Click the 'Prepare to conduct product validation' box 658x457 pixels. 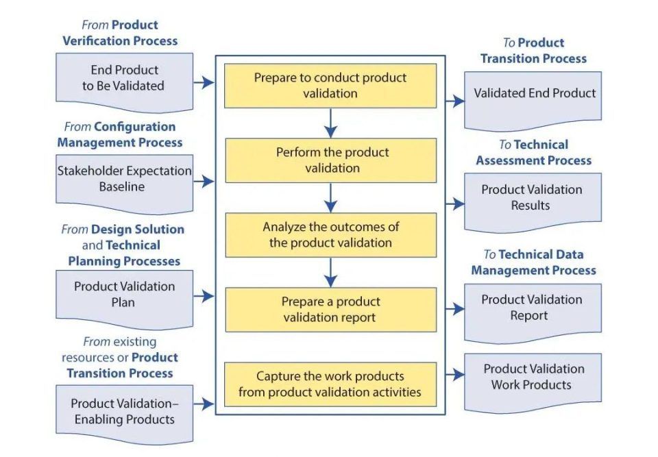click(x=330, y=86)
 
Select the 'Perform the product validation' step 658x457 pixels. click(x=330, y=160)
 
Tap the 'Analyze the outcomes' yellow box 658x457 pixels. click(x=330, y=235)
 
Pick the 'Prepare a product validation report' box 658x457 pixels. click(x=330, y=310)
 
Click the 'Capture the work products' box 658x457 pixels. click(x=330, y=384)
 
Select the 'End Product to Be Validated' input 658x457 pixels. click(x=124, y=79)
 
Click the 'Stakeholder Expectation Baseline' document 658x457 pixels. click(x=124, y=180)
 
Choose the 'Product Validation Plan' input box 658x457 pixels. click(x=124, y=295)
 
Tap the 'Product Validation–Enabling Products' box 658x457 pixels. click(x=124, y=412)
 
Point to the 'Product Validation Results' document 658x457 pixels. click(x=533, y=198)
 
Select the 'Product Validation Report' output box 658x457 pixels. click(x=533, y=308)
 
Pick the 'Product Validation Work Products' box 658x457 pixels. click(x=533, y=378)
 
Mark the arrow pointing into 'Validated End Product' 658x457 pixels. click(x=454, y=101)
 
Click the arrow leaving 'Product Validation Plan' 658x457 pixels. click(x=204, y=296)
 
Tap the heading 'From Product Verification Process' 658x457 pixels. click(x=120, y=33)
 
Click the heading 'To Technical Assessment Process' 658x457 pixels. click(x=533, y=153)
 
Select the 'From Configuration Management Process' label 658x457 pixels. click(x=120, y=135)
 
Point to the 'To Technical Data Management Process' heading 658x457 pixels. click(x=533, y=262)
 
